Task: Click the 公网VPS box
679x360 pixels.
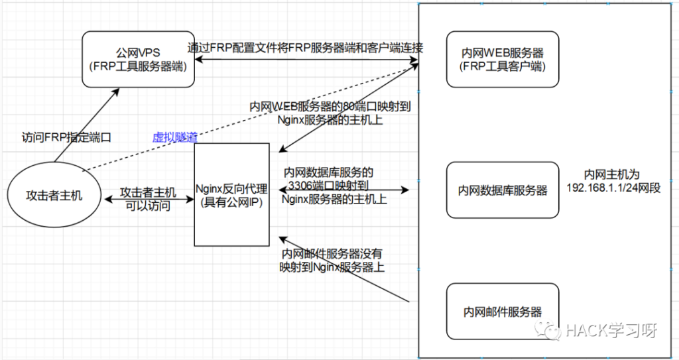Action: (139, 59)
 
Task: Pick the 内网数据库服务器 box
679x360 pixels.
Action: (503, 190)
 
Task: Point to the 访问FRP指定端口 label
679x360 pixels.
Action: (66, 138)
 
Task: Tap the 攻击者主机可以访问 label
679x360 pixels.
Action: (149, 199)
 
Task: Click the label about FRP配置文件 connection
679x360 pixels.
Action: (305, 48)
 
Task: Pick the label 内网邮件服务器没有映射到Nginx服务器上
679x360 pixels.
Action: (332, 261)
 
